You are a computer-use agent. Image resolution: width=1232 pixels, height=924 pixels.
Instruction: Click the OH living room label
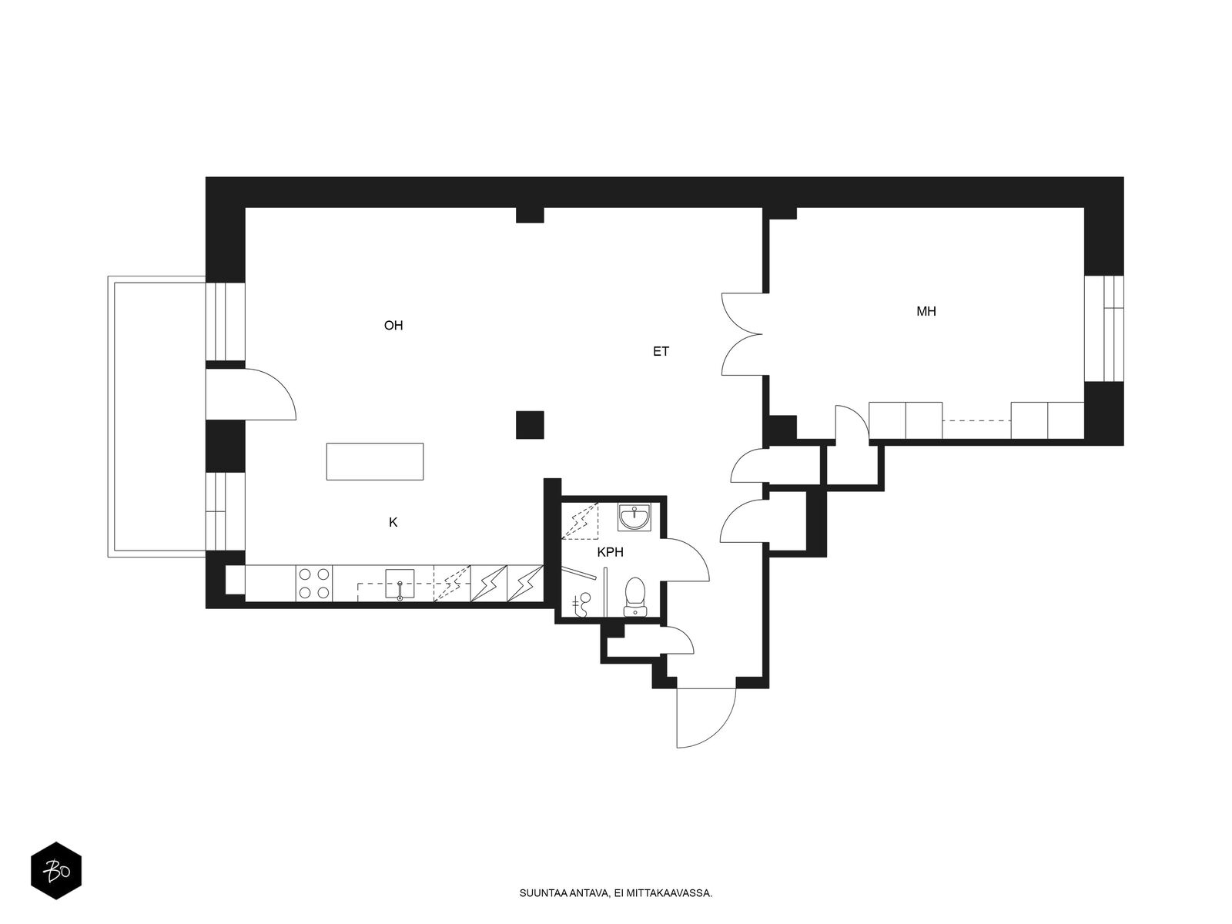393,326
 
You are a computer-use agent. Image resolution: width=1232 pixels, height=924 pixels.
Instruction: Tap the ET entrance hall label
661,351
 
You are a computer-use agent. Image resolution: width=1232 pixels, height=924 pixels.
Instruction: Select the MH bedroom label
926,311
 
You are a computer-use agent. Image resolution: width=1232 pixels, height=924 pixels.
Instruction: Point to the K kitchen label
393,522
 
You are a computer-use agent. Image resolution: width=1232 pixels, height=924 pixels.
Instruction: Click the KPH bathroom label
610,552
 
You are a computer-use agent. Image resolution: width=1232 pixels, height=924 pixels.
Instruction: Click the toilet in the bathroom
634,596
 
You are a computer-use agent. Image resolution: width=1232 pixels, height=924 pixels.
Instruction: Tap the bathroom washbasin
634,517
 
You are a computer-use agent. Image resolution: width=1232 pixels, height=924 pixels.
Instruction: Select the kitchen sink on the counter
400,584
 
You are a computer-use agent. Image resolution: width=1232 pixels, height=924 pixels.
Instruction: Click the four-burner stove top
313,584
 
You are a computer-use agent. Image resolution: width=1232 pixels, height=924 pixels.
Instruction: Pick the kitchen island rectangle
375,461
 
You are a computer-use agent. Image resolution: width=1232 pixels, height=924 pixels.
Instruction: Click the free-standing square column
530,425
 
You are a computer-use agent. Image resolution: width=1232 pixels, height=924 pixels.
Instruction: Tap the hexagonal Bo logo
56,871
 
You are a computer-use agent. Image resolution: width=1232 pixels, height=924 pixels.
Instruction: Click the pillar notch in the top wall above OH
530,215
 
